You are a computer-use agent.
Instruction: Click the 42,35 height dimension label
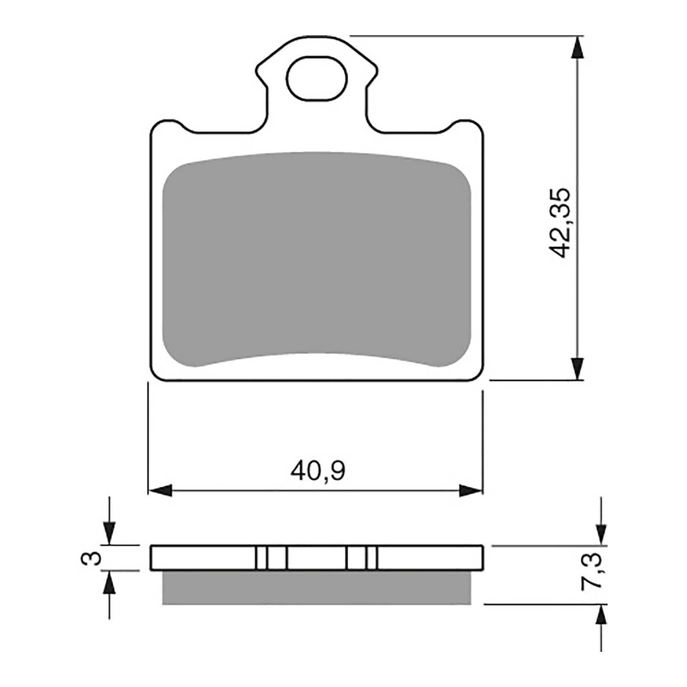pyautogui.click(x=560, y=222)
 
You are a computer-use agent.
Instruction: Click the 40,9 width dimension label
pyautogui.click(x=318, y=471)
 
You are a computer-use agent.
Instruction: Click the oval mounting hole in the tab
pyautogui.click(x=317, y=78)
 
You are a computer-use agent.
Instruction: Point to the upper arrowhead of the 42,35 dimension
pyautogui.click(x=578, y=47)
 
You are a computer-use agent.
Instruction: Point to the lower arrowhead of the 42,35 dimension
pyautogui.click(x=578, y=368)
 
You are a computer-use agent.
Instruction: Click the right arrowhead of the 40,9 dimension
pyautogui.click(x=471, y=490)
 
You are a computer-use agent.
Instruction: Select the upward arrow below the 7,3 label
pyautogui.click(x=602, y=616)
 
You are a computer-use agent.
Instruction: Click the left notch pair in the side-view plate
pyautogui.click(x=271, y=558)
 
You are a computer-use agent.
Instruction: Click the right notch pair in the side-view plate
pyautogui.click(x=362, y=558)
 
